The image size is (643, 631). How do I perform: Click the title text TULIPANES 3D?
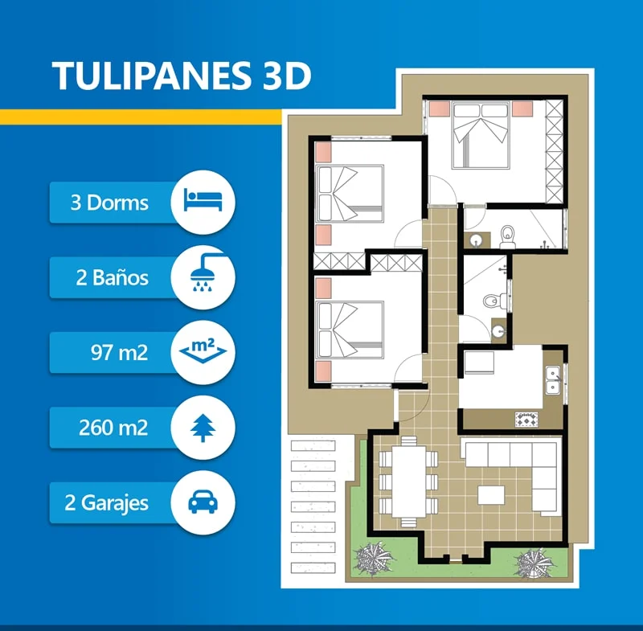182,76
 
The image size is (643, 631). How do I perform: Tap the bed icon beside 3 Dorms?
203,199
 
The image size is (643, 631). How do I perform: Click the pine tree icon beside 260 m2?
203,428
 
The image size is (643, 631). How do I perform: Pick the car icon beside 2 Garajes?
203,502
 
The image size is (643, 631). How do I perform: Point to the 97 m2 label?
119,353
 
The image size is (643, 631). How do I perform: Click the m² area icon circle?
203,353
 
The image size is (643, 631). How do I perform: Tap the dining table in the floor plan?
408,481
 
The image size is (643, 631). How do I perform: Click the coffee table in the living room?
491,495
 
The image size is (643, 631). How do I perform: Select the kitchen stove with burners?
526,420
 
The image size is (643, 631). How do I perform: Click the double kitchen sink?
553,380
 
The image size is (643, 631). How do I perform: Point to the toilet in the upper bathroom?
508,237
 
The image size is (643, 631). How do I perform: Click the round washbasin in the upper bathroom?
476,240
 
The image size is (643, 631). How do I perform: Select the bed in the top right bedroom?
481,136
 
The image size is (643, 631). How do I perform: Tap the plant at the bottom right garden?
534,563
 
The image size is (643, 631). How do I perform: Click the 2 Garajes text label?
106,503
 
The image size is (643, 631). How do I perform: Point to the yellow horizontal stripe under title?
141,117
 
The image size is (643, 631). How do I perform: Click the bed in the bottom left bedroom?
350,330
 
